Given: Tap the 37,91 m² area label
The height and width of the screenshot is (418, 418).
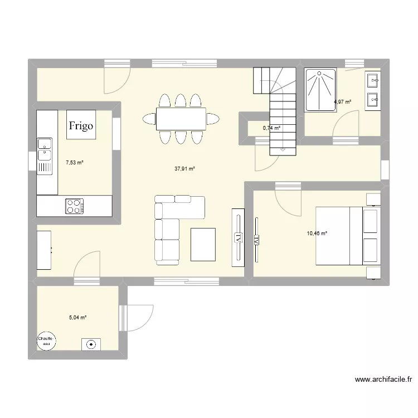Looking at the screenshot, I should tap(185, 169).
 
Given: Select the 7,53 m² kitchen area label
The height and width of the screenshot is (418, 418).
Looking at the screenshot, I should tap(74, 163).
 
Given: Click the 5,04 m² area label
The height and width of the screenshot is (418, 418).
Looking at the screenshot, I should tap(77, 318).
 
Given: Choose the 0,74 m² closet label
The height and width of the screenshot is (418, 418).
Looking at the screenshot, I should tap(271, 128).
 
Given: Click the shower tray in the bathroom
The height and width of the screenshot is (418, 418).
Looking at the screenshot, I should tap(320, 89).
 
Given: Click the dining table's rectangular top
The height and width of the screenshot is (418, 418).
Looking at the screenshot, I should tap(181, 119).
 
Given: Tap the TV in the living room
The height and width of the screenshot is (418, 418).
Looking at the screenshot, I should tap(237, 235).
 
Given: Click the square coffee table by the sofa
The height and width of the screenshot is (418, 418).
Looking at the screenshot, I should tap(203, 244).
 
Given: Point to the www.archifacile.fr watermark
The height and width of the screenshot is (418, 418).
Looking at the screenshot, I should tap(384, 381).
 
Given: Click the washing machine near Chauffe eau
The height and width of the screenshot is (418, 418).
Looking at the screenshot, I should tap(90, 344).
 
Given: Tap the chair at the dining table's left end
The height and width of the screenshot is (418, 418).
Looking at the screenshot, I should tap(149, 119).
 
